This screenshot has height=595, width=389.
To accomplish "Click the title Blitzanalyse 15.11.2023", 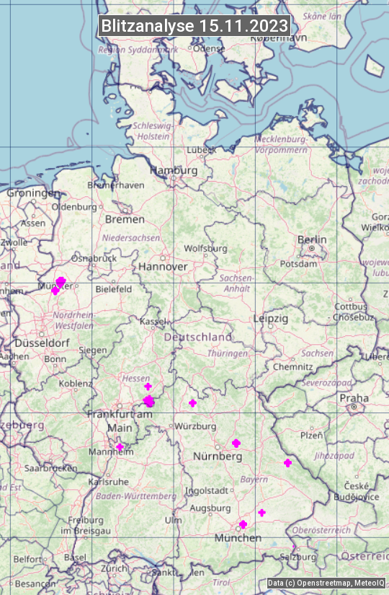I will pos(194,26).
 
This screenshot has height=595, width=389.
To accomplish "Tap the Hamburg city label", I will pos(174,170).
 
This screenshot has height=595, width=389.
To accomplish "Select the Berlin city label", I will pos(312,239).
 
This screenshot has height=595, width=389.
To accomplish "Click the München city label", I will pos(238,537).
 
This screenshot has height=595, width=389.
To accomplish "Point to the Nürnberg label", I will pos(217,457).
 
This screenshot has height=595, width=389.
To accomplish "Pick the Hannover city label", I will pos(163,266).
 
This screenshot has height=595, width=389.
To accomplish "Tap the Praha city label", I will pos(354,397).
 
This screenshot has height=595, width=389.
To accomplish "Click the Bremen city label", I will pos(125,219).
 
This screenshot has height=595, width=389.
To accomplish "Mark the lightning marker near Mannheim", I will pos(120,447).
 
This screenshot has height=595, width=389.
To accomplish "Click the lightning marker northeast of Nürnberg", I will pos(236,443).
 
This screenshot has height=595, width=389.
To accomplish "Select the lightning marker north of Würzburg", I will pos(192,402).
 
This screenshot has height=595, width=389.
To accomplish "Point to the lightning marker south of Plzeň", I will pos(288,462).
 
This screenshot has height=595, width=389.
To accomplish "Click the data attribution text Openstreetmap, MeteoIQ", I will pos(326,583).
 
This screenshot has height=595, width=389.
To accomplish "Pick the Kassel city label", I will pos(152,321).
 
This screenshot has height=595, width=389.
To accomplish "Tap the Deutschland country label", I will pos(198,337).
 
